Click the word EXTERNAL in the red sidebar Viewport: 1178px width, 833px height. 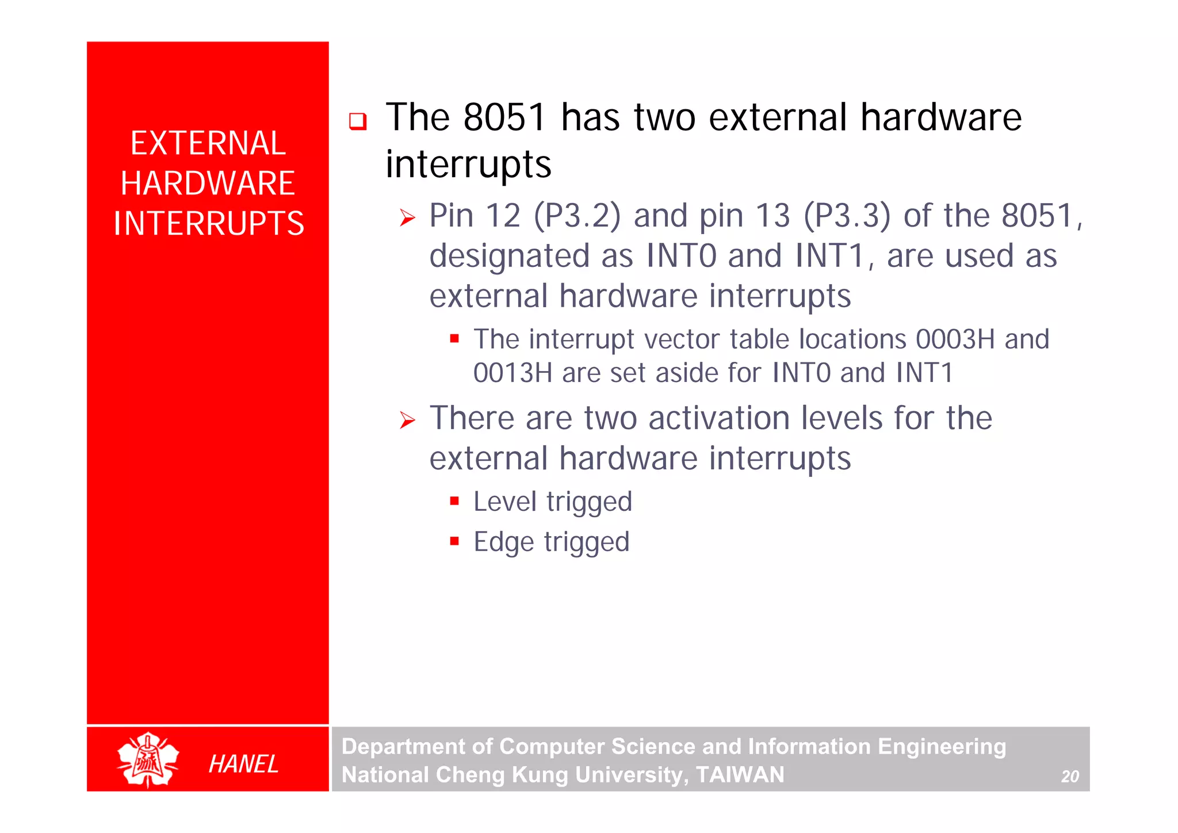click(208, 143)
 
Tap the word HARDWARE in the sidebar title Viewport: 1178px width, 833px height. click(208, 184)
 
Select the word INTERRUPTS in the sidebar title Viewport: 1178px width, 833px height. click(208, 224)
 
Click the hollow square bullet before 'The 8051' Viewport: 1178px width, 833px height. click(358, 121)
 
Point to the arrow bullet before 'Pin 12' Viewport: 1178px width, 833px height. click(407, 218)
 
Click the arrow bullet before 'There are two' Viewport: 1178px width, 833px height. click(407, 421)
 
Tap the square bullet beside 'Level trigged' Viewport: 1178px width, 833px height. click(454, 501)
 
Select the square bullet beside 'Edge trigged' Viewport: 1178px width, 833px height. click(454, 541)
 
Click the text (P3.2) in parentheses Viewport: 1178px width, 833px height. click(577, 216)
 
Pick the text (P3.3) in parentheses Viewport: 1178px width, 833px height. click(847, 216)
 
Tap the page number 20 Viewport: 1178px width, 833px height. click(1070, 777)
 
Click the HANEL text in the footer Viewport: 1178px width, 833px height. click(243, 764)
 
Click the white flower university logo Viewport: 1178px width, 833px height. click(148, 759)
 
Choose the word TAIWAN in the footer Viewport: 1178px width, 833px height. click(740, 775)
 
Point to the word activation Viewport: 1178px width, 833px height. click(719, 418)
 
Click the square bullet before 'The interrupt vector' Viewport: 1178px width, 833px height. click(454, 339)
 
